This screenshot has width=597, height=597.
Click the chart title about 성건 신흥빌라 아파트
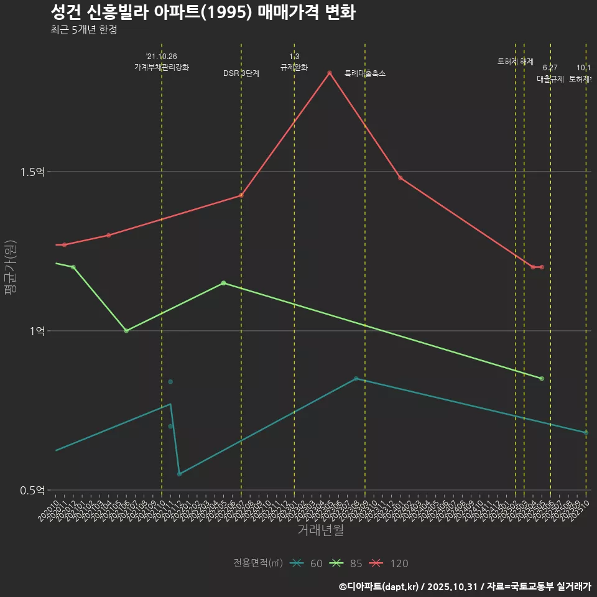203,12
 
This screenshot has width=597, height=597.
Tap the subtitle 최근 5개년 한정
83,30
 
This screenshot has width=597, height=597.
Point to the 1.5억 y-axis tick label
32,172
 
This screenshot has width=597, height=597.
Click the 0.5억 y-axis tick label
32,490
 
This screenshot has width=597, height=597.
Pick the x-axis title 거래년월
320,530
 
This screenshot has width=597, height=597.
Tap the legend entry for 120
388,563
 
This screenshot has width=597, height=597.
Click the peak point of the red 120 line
330,73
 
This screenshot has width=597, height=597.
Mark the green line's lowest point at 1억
126,331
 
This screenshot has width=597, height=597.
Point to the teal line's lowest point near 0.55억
179,474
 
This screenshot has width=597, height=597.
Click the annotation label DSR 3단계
241,73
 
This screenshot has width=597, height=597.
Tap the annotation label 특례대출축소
365,73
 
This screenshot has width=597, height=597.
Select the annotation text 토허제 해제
516,62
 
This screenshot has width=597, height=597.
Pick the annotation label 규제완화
294,67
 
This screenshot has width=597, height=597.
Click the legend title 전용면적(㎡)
258,563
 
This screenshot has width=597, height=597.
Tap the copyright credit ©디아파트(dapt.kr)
379,586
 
